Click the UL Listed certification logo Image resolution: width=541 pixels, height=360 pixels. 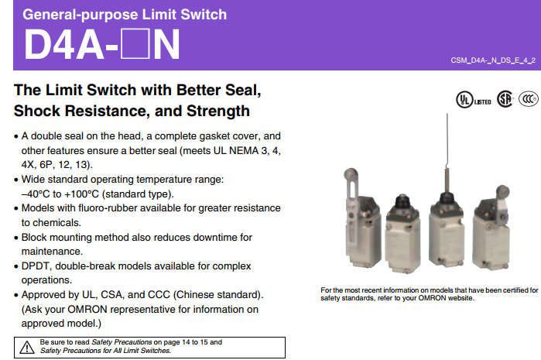point(474,99)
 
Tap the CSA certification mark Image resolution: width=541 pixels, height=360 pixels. point(505,99)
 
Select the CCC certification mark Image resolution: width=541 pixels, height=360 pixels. point(529,99)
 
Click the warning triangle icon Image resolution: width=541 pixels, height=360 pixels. point(27,348)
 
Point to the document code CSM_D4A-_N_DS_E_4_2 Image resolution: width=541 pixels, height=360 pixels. point(493,60)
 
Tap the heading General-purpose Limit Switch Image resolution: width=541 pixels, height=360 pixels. point(125,15)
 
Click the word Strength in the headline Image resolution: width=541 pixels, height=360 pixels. point(218,111)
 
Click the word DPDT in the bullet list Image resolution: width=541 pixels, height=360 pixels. point(35,266)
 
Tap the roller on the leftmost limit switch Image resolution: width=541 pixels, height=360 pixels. point(351,173)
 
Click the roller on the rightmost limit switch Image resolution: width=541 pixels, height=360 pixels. point(502,191)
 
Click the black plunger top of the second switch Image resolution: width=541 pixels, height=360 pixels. point(402,200)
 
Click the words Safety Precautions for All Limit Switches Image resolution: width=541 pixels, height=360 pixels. point(105,351)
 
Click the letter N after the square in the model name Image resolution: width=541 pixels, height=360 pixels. point(166,44)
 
